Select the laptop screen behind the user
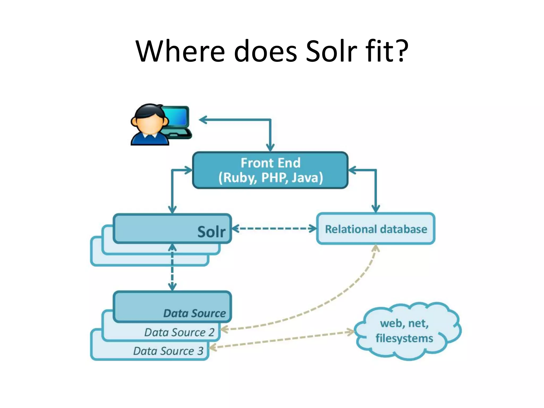tap(176, 116)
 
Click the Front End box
tap(270, 170)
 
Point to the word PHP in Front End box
tap(275, 178)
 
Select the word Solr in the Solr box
tap(211, 232)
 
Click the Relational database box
tap(376, 229)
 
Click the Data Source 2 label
tap(179, 332)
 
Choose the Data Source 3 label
tap(168, 351)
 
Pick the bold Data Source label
tap(194, 313)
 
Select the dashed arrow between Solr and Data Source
tap(172, 267)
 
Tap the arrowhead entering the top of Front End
tap(270, 147)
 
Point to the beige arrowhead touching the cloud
tap(350, 332)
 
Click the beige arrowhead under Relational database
tap(375, 248)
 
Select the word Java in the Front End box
tap(307, 178)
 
